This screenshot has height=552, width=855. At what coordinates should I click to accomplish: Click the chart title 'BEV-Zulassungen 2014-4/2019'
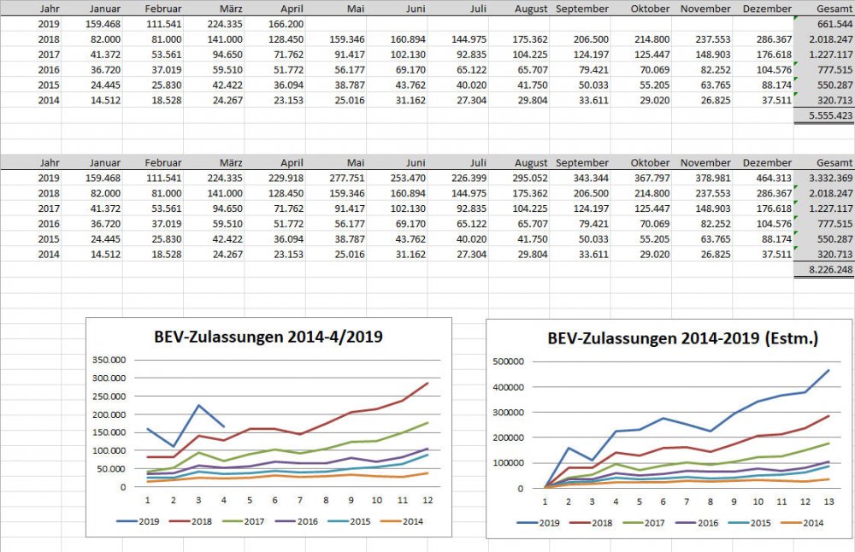coord(268,337)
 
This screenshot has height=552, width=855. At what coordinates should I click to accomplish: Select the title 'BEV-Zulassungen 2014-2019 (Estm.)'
coord(682,338)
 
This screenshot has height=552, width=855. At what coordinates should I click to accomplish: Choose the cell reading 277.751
coord(346,178)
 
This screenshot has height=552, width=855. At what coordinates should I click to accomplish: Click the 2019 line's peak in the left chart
coord(198,405)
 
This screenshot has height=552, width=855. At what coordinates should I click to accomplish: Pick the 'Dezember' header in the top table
coord(768,9)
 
